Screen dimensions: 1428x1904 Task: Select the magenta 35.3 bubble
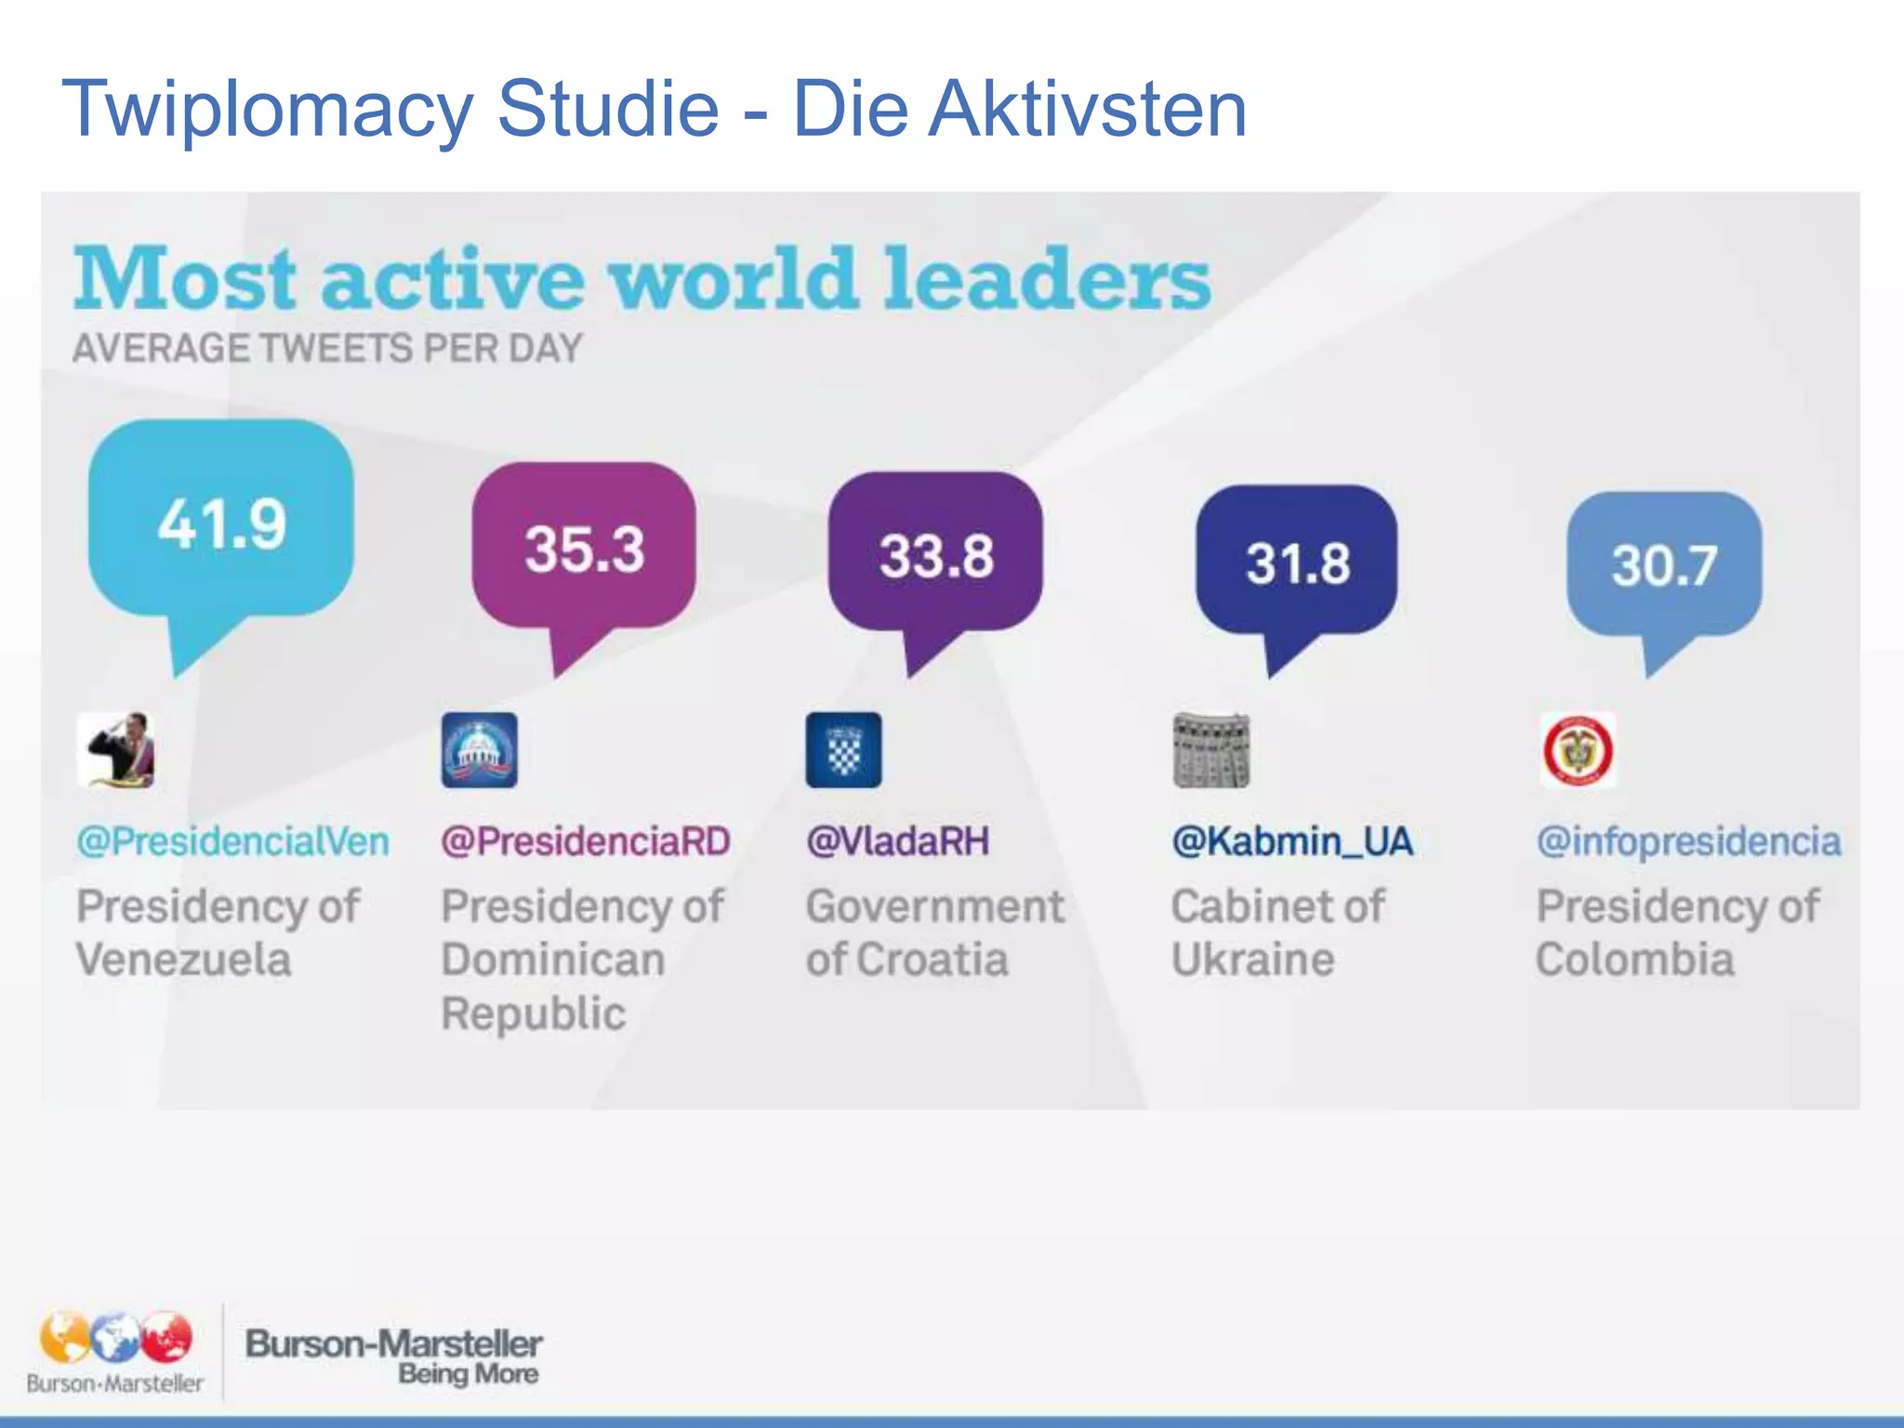pyautogui.click(x=584, y=549)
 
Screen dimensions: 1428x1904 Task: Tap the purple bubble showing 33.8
pyautogui.click(x=936, y=556)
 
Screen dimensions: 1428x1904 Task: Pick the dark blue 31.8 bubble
pyautogui.click(x=1297, y=562)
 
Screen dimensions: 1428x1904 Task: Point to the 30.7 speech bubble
pyautogui.click(x=1664, y=565)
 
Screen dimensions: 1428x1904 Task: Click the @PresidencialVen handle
pyautogui.click(x=232, y=841)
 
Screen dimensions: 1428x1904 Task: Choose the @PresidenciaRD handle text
pyautogui.click(x=586, y=841)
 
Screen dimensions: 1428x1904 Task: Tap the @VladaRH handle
pyautogui.click(x=898, y=841)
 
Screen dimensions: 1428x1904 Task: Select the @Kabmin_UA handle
pyautogui.click(x=1292, y=841)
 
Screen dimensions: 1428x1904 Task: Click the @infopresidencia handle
pyautogui.click(x=1688, y=841)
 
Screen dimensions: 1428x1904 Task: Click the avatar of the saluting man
pyautogui.click(x=116, y=750)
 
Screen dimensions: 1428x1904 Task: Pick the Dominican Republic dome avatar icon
pyautogui.click(x=480, y=750)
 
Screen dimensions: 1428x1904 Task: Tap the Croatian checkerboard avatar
pyautogui.click(x=844, y=750)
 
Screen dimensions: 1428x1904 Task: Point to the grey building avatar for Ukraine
pyautogui.click(x=1210, y=750)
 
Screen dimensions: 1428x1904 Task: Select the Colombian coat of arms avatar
pyautogui.click(x=1578, y=750)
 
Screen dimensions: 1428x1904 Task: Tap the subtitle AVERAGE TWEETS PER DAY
pyautogui.click(x=327, y=349)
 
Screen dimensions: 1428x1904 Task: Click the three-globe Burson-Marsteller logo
pyautogui.click(x=115, y=1339)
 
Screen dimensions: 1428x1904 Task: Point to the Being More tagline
pyautogui.click(x=469, y=1374)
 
